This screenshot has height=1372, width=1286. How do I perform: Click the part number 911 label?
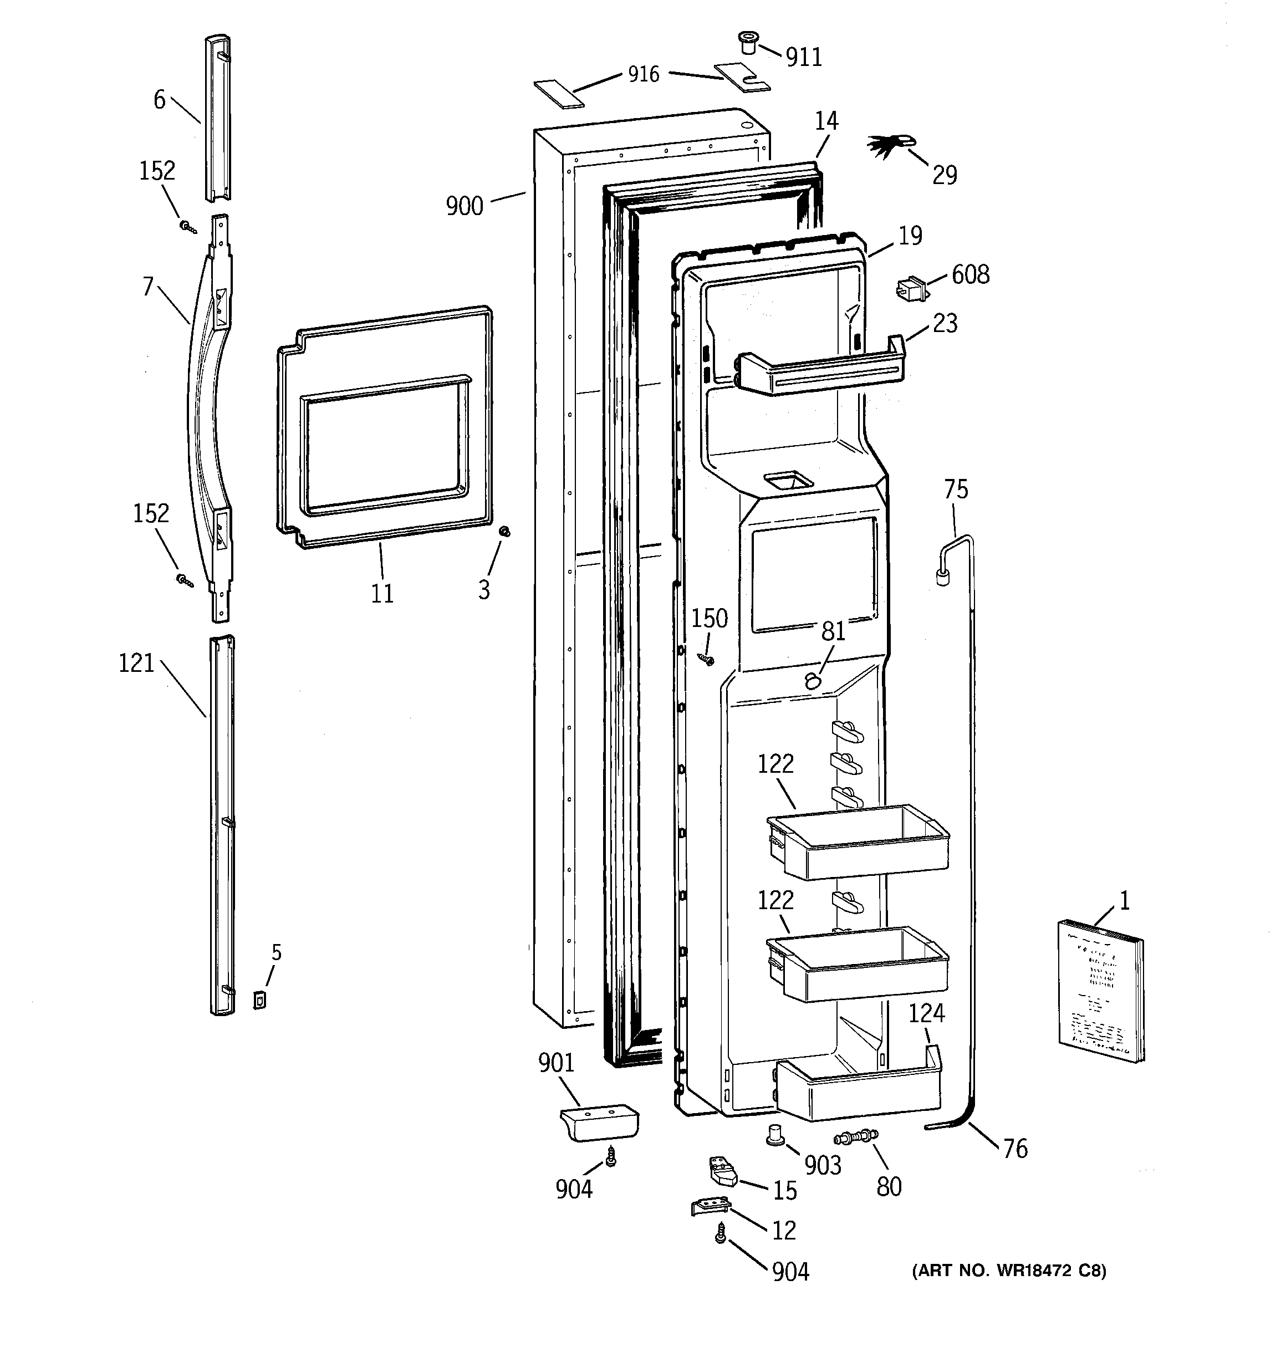(x=804, y=57)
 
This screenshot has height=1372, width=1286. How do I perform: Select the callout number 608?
(x=970, y=274)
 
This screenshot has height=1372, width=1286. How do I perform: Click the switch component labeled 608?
(x=911, y=290)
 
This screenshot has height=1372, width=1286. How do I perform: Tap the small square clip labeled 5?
(x=259, y=1000)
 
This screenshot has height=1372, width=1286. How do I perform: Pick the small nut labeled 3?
(x=504, y=532)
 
